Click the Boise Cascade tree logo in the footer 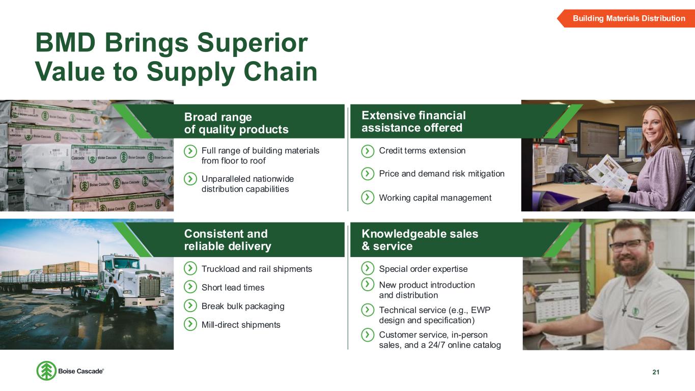pyautogui.click(x=46, y=371)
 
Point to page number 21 pyautogui.click(x=656, y=372)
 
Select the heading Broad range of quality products pyautogui.click(x=236, y=123)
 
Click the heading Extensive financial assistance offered pyautogui.click(x=413, y=122)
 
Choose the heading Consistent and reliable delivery pyautogui.click(x=228, y=240)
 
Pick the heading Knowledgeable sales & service pyautogui.click(x=420, y=240)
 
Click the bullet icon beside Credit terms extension pyautogui.click(x=368, y=151)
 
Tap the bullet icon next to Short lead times pyautogui.click(x=190, y=287)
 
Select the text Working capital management pyautogui.click(x=435, y=198)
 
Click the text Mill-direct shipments pyautogui.click(x=241, y=325)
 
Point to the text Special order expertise pyautogui.click(x=423, y=269)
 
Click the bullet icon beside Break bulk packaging pyautogui.click(x=190, y=305)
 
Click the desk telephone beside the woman pyautogui.click(x=573, y=174)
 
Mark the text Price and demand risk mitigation pyautogui.click(x=441, y=174)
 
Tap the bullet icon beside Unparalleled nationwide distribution pyautogui.click(x=190, y=179)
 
